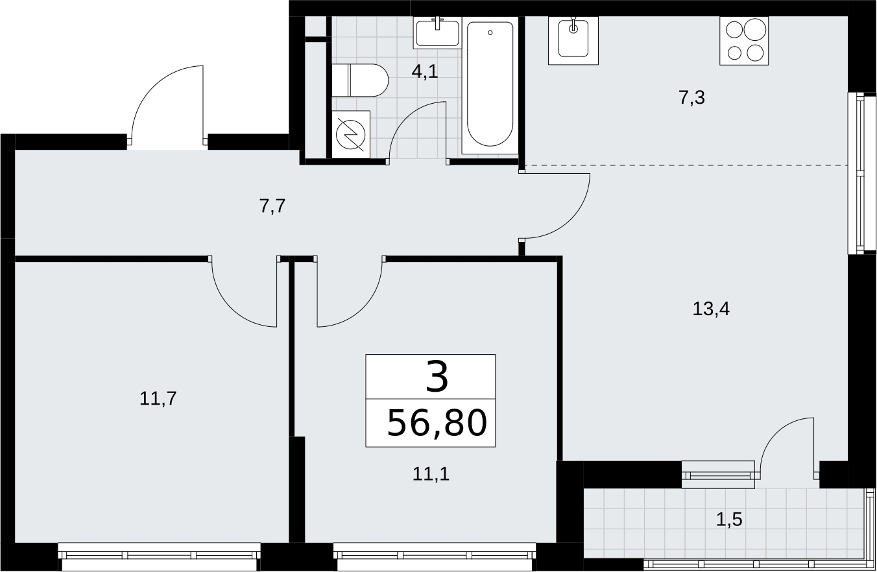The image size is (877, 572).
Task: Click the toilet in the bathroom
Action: [x=360, y=80]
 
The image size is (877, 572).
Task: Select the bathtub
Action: [x=490, y=86]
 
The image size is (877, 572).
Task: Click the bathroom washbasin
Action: [x=437, y=33]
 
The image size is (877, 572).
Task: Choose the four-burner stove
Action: [x=744, y=41]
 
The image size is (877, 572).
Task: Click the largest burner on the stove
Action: [x=755, y=29]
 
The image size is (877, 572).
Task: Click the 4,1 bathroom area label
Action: [x=425, y=71]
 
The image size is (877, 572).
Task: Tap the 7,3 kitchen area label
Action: [x=692, y=97]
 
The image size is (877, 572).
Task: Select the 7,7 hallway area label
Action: [x=272, y=206]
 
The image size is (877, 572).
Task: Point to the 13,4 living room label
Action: [x=711, y=309]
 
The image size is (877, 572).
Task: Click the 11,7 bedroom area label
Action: [x=158, y=399]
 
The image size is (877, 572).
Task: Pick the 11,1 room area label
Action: [x=431, y=474]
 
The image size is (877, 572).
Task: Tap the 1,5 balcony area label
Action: [x=729, y=519]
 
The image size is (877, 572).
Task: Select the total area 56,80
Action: [x=437, y=423]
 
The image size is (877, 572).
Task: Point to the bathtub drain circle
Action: [x=490, y=32]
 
